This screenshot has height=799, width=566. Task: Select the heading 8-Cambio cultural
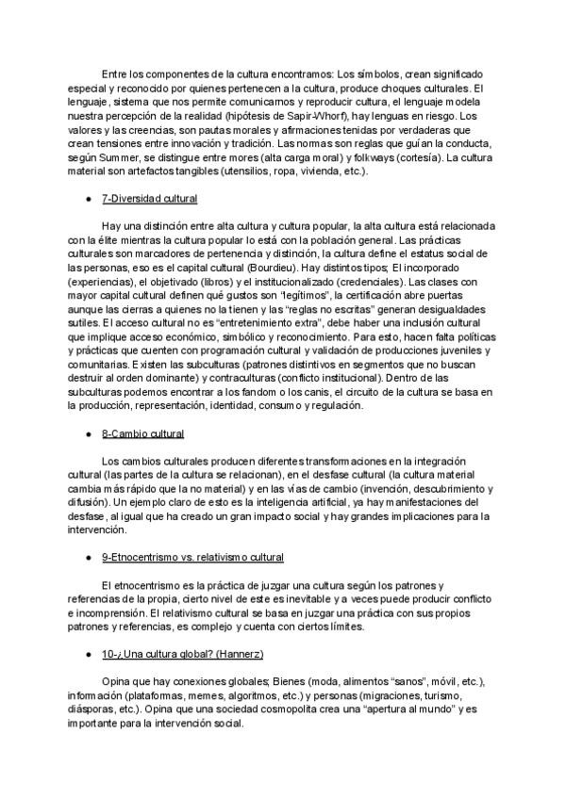142,433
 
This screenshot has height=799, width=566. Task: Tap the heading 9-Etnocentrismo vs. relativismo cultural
192,558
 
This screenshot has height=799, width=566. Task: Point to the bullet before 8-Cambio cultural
87,433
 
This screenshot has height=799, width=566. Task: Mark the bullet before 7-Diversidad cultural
87,200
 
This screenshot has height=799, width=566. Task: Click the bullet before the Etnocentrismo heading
87,558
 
